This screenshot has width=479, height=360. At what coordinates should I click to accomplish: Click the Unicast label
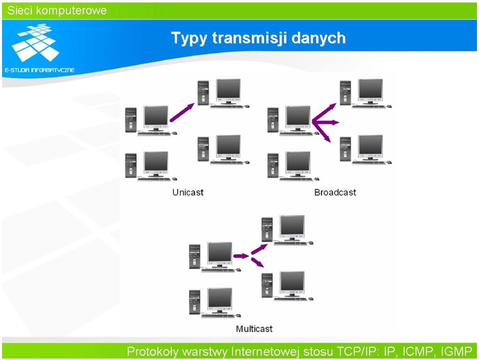click(188, 192)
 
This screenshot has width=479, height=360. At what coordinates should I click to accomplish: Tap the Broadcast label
click(335, 192)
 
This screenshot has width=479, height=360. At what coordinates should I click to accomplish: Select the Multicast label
click(254, 329)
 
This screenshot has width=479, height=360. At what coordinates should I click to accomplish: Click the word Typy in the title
click(189, 39)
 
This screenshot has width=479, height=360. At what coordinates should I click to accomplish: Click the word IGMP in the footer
click(457, 352)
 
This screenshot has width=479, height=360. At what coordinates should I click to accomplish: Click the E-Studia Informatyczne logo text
click(39, 70)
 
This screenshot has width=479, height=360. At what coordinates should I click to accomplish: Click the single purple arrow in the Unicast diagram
click(182, 112)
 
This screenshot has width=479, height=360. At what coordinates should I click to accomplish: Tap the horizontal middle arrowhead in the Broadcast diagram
click(336, 122)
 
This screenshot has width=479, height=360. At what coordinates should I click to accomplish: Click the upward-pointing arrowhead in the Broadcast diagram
click(332, 106)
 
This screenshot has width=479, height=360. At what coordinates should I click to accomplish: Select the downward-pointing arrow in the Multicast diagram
click(257, 262)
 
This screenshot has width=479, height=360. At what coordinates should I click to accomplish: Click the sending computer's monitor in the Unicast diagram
click(156, 117)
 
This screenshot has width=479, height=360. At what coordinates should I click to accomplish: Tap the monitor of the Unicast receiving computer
click(228, 89)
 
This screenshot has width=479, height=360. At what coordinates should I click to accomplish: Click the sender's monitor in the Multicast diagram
click(220, 254)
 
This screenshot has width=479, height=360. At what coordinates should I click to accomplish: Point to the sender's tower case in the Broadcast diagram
click(273, 120)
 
